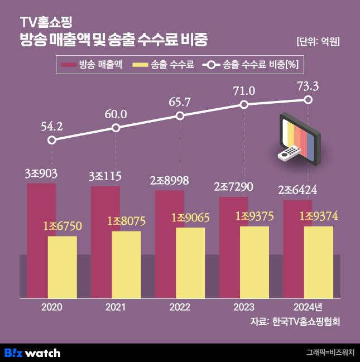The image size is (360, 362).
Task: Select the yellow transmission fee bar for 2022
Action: tap(190, 262)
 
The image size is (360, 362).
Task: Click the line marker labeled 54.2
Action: tap(52, 140)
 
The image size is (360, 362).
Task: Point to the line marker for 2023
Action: tap(244, 104)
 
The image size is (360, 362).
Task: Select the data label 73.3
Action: tap(308, 85)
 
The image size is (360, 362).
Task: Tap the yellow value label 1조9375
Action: tap(254, 216)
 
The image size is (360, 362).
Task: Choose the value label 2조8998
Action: tap(170, 181)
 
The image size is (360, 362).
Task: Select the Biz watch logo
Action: tap(32, 353)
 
